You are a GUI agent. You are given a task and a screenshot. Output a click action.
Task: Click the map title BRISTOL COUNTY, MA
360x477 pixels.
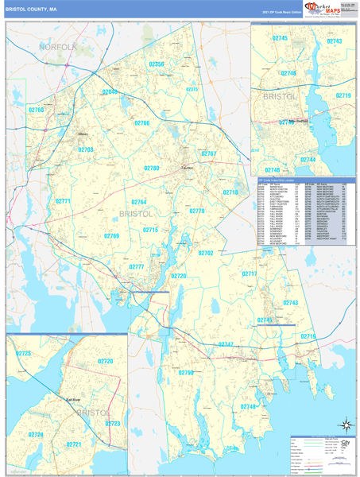click(x=31, y=10)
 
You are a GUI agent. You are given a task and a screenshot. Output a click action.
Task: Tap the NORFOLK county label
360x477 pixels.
click(x=58, y=48)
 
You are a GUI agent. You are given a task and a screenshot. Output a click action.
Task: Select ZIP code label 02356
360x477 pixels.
click(x=157, y=64)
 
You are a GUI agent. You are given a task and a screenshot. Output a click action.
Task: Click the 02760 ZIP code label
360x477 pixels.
click(x=37, y=110)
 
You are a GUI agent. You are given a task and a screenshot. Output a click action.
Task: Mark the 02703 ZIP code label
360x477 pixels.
click(x=86, y=149)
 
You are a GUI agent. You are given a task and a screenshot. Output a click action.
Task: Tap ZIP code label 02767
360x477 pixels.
click(x=209, y=153)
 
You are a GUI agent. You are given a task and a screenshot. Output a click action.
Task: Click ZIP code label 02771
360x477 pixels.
click(x=64, y=201)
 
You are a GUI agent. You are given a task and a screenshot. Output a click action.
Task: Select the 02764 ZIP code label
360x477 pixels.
click(x=139, y=202)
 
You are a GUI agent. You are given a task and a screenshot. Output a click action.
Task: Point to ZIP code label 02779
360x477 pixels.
click(x=197, y=211)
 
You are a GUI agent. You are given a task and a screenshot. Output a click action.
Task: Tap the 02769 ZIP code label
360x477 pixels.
click(x=111, y=236)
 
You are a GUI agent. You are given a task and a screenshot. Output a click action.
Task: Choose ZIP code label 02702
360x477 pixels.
click(x=205, y=253)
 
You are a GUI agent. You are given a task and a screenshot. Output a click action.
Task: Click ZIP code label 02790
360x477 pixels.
click(x=186, y=372)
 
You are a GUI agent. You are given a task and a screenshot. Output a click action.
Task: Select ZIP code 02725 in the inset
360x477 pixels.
click(x=23, y=353)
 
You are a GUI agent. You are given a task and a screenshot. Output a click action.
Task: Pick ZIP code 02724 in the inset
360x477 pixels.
click(x=35, y=435)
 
